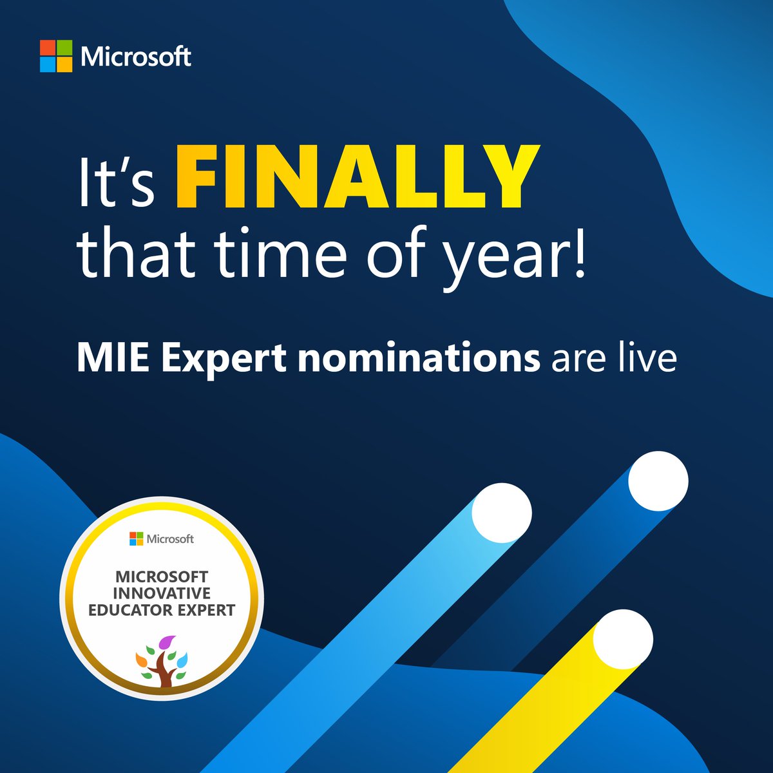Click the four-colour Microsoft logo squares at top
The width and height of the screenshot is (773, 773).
tap(56, 56)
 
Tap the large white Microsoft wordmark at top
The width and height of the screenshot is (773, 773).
tap(136, 57)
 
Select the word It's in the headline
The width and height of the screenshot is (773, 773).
tap(116, 178)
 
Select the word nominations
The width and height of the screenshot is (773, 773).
tap(419, 358)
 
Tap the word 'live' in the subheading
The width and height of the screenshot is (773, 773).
tap(645, 358)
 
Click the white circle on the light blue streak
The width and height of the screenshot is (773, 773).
tap(502, 513)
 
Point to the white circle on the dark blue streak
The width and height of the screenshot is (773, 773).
tap(658, 481)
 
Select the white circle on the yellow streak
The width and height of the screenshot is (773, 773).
tap(623, 639)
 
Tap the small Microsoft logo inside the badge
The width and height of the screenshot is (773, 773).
tap(135, 539)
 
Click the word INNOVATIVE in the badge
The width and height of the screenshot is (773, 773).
tap(162, 593)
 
